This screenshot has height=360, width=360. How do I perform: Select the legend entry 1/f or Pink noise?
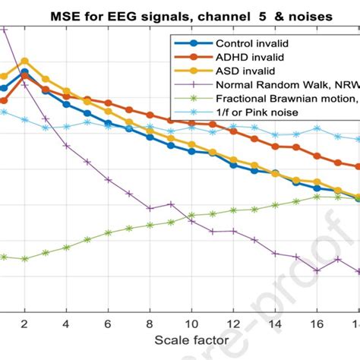coord(262,112)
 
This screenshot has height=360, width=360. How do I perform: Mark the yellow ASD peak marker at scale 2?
coord(24,61)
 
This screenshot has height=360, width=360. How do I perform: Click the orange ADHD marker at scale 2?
coord(24,77)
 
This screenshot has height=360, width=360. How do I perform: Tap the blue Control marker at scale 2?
coord(24,72)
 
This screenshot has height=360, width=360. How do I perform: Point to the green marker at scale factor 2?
coord(24,259)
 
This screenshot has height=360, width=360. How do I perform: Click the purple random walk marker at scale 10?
coord(192,221)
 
